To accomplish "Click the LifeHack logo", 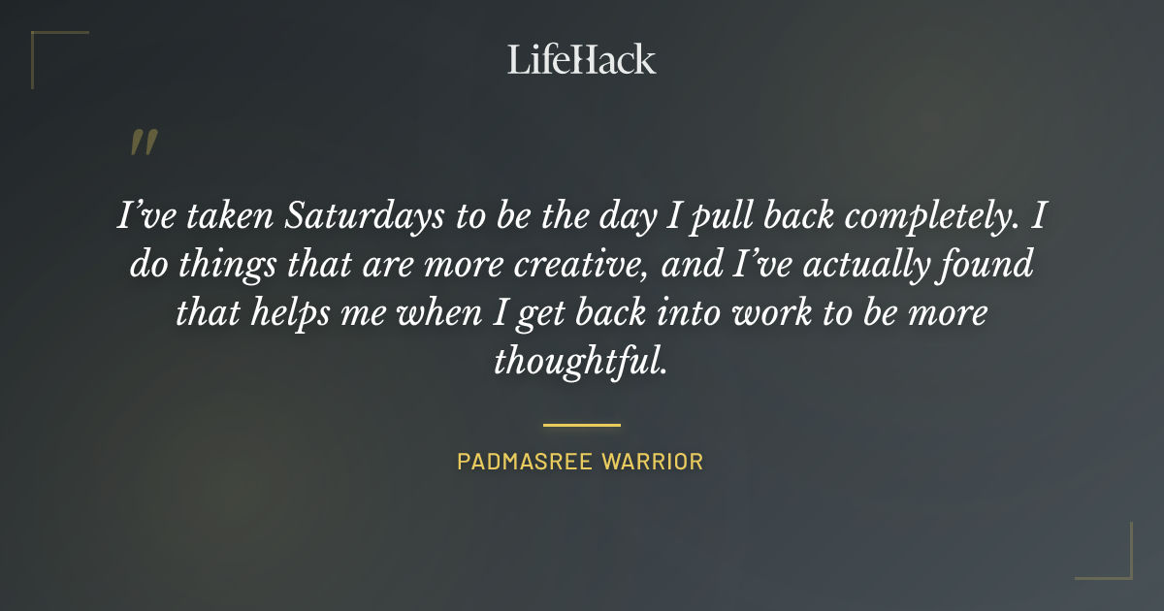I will (581, 59).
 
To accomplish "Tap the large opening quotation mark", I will (143, 144).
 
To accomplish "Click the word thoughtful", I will (580, 362).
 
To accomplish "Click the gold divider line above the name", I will (581, 425).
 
